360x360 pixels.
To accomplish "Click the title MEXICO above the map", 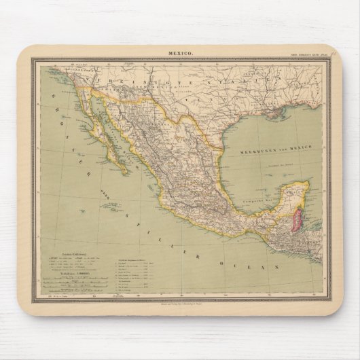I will [180, 53].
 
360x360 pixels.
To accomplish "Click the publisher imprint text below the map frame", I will [180, 302].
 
